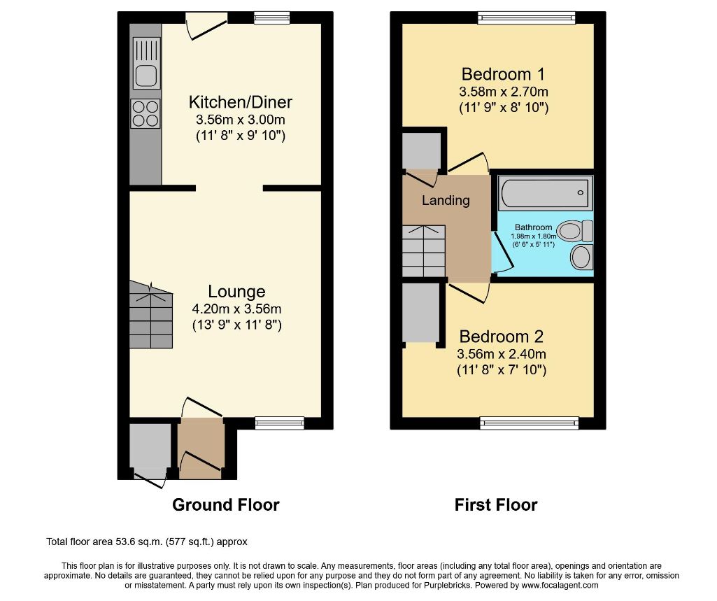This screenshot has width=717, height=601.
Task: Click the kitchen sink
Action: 146,63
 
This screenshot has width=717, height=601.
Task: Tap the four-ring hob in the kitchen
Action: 145,113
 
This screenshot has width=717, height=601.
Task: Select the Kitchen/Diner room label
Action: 241,101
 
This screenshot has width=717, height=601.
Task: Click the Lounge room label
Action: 236,291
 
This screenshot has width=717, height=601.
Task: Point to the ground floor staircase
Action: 151,315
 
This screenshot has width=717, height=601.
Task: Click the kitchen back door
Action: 206,25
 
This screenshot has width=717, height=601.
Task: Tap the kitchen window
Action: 272,17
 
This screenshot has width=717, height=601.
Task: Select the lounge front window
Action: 279,423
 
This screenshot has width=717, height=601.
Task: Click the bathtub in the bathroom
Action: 545,192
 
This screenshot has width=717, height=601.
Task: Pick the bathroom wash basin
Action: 582,257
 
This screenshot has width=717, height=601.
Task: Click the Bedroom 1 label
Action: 504,73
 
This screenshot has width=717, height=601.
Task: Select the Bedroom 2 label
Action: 501,336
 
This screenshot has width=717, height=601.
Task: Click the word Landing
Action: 446,200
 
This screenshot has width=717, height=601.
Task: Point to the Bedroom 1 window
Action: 527,17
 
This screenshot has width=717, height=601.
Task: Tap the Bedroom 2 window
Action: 529,423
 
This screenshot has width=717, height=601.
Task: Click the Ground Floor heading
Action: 226,505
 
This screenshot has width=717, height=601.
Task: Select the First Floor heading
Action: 496,505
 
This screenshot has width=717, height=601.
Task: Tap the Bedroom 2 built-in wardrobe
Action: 420,312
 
